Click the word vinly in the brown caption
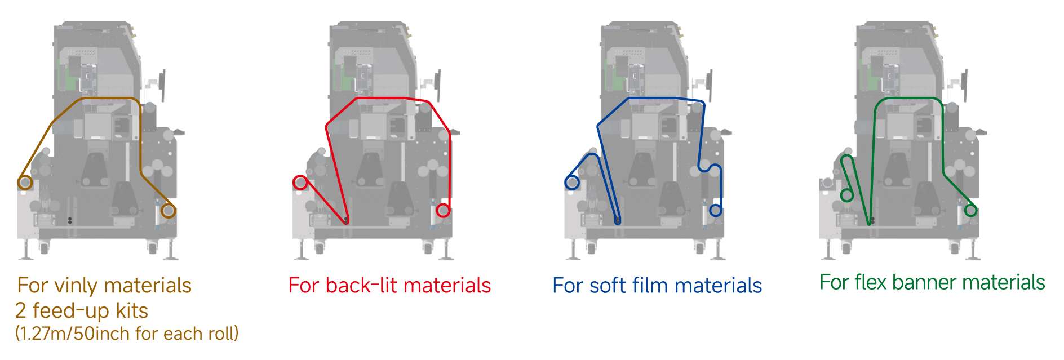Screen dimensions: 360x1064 coord(76,286)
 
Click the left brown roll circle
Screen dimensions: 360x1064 coord(24,183)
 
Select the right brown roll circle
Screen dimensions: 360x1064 coord(167,211)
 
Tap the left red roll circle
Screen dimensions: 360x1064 coord(300,182)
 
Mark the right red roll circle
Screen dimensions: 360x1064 coord(443,211)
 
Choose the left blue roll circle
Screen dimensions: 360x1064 coord(572,183)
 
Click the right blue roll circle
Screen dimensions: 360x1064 coord(715,211)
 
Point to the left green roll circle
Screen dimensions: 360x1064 coord(846,195)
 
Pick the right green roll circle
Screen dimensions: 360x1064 coord(970,211)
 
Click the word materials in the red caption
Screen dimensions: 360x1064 coord(447,286)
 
